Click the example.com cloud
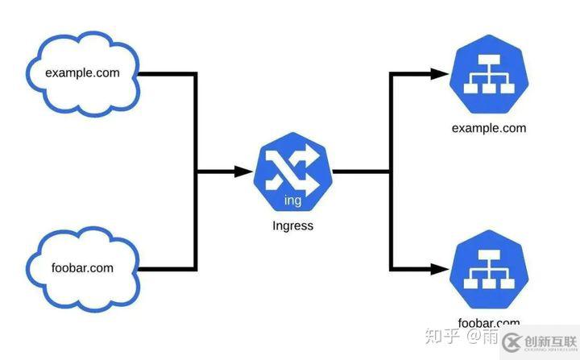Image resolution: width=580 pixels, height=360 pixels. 83,75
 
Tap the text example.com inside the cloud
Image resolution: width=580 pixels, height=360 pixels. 82,73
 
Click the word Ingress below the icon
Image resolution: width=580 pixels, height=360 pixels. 292,226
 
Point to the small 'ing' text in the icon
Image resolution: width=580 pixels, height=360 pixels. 293,199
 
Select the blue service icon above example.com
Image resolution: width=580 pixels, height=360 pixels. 488,75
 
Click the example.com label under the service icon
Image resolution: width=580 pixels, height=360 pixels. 488,128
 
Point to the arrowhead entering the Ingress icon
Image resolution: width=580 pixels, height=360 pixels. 243,172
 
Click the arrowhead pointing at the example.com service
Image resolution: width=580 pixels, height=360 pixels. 440,75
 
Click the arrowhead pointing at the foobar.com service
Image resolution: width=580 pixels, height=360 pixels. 440,268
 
